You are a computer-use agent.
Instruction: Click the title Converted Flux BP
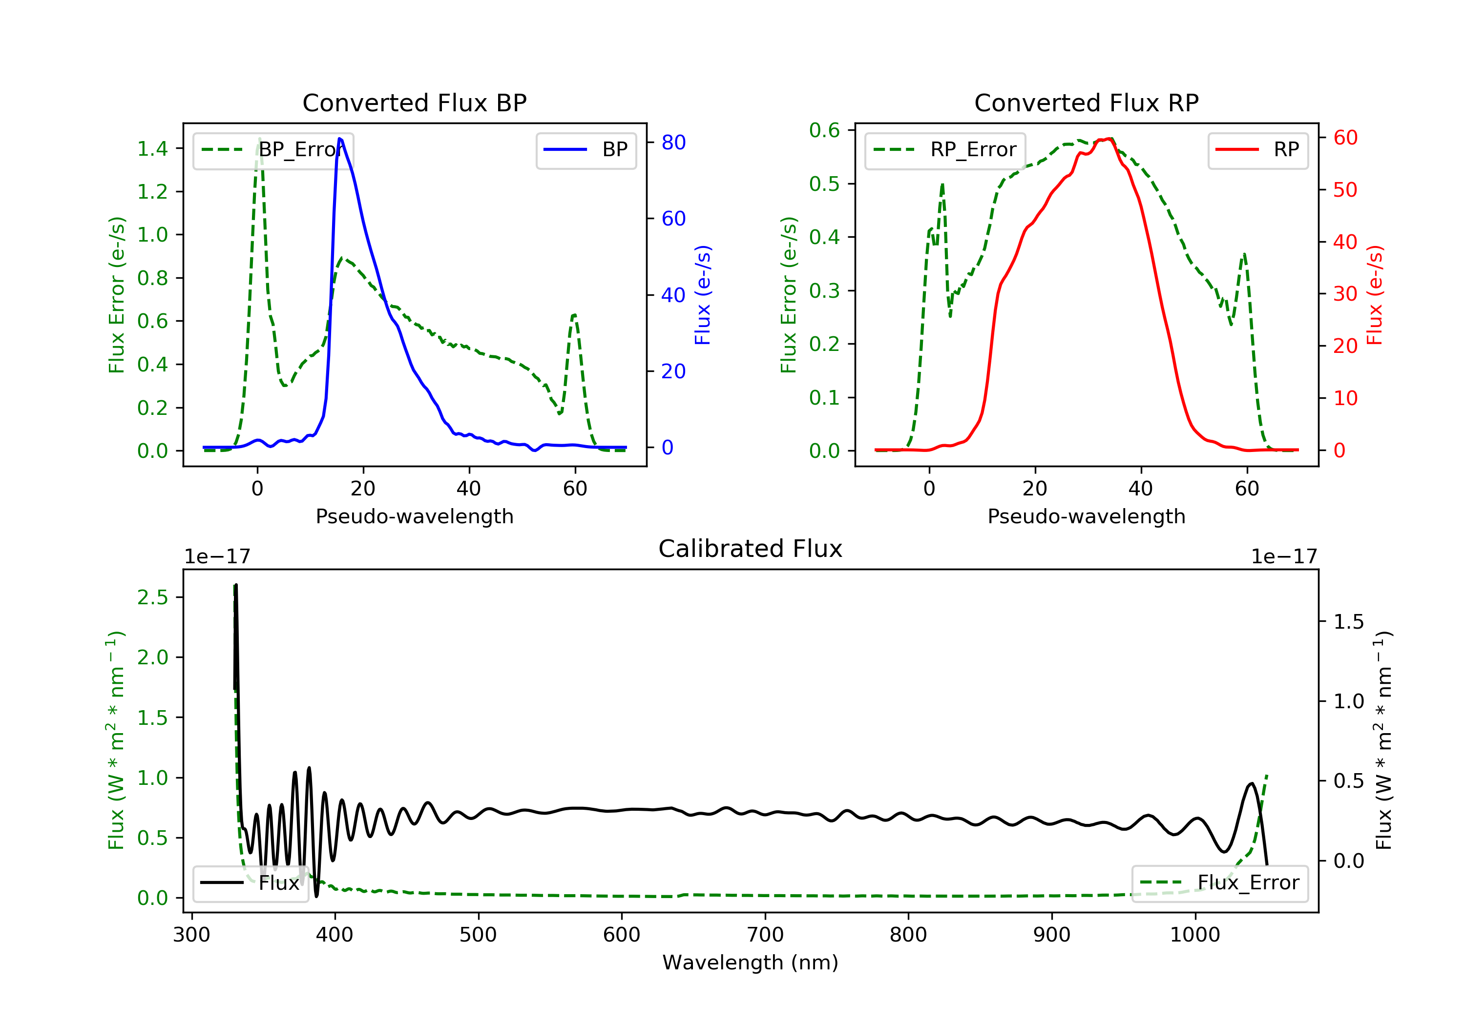coord(414,102)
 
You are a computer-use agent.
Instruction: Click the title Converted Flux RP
coord(1086,102)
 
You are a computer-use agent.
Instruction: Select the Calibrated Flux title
coord(751,549)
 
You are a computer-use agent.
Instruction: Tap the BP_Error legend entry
coord(273,150)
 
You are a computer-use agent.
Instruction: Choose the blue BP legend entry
coord(586,150)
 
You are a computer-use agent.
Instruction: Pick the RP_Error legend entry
coord(945,150)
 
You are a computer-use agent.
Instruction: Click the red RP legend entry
coord(1257,150)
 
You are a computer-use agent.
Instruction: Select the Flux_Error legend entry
coord(1220,883)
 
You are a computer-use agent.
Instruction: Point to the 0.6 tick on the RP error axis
coord(824,130)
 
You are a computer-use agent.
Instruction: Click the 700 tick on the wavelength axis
coord(765,935)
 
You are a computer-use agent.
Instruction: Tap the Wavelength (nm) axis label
coord(751,963)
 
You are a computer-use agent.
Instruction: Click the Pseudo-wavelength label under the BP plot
coord(415,516)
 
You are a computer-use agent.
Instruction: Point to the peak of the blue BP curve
coord(339,139)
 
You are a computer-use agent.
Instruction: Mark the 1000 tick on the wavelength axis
coord(1195,935)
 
